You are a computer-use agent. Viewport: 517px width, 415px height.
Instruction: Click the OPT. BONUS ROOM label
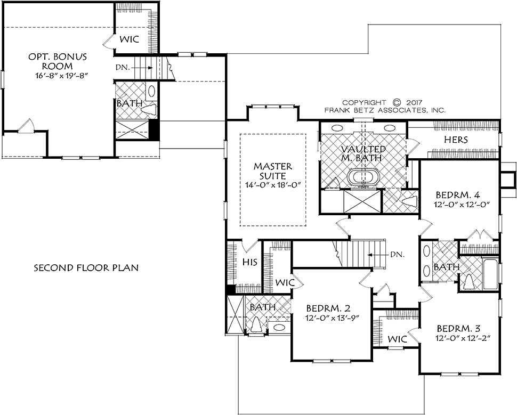click(58, 61)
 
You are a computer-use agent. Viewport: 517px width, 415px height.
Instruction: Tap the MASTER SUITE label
click(272, 171)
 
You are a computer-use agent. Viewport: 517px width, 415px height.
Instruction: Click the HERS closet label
click(456, 140)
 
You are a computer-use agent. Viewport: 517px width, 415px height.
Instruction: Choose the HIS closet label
click(249, 262)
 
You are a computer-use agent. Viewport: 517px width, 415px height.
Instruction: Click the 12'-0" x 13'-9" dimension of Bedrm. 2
click(333, 318)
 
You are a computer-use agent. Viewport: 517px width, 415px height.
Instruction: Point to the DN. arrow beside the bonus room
click(146, 68)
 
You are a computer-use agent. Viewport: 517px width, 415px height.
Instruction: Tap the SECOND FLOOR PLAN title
click(86, 267)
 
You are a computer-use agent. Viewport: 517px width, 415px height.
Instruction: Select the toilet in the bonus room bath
click(150, 109)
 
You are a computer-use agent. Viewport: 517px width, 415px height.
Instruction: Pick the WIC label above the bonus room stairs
click(129, 39)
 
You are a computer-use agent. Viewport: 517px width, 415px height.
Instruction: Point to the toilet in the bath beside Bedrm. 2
click(255, 326)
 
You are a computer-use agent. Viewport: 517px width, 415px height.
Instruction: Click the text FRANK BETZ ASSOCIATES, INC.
click(385, 110)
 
